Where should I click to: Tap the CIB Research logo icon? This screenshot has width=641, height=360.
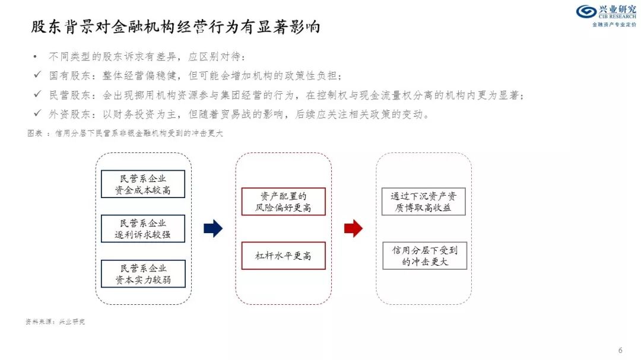coord(586,12)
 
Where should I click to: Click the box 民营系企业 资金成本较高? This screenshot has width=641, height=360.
coord(143,184)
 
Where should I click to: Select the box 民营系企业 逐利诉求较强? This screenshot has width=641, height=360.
coord(143,229)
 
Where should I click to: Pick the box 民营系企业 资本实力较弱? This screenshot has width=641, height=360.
coord(143,274)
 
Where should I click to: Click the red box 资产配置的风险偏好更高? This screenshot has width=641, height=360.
coord(283,202)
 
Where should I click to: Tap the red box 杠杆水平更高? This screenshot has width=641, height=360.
coord(283,256)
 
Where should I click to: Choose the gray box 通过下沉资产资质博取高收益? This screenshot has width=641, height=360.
coord(424,202)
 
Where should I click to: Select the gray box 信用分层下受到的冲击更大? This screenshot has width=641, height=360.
coord(424,256)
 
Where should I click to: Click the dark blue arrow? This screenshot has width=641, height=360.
coord(212,228)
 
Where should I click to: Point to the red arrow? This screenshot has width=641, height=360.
coord(353,228)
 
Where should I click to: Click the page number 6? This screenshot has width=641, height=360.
coord(620,349)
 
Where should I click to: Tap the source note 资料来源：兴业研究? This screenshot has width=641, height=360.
coord(55,321)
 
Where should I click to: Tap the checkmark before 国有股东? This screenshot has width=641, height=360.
coord(37,75)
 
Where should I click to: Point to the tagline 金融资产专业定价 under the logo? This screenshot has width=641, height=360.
coord(614,25)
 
